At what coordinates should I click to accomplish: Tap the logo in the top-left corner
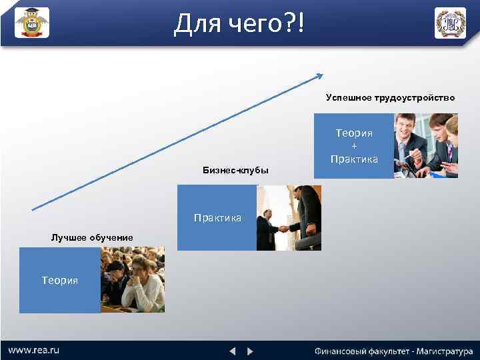pyautogui.click(x=32, y=23)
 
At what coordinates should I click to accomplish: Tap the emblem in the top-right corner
pyautogui.click(x=450, y=23)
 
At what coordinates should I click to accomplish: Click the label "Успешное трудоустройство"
pyautogui.click(x=390, y=98)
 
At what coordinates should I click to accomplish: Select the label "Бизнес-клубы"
pyautogui.click(x=235, y=171)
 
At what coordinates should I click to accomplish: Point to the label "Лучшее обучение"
pyautogui.click(x=92, y=237)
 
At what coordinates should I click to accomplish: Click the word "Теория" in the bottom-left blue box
pyautogui.click(x=60, y=281)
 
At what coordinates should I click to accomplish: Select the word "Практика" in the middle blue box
pyautogui.click(x=217, y=218)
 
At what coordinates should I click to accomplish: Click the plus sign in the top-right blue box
pyautogui.click(x=354, y=146)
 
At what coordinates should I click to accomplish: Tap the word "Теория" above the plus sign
pyautogui.click(x=354, y=133)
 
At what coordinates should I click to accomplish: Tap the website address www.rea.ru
pyautogui.click(x=33, y=350)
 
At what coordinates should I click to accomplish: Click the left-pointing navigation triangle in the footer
pyautogui.click(x=232, y=351)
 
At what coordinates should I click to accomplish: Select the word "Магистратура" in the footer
pyautogui.click(x=441, y=351)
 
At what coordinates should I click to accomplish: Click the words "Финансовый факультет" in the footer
pyautogui.click(x=360, y=351)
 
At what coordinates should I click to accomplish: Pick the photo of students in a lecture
pyautogui.click(x=132, y=280)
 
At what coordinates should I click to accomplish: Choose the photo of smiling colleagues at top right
pyautogui.click(x=426, y=146)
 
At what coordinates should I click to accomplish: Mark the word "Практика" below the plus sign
pyautogui.click(x=354, y=159)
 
